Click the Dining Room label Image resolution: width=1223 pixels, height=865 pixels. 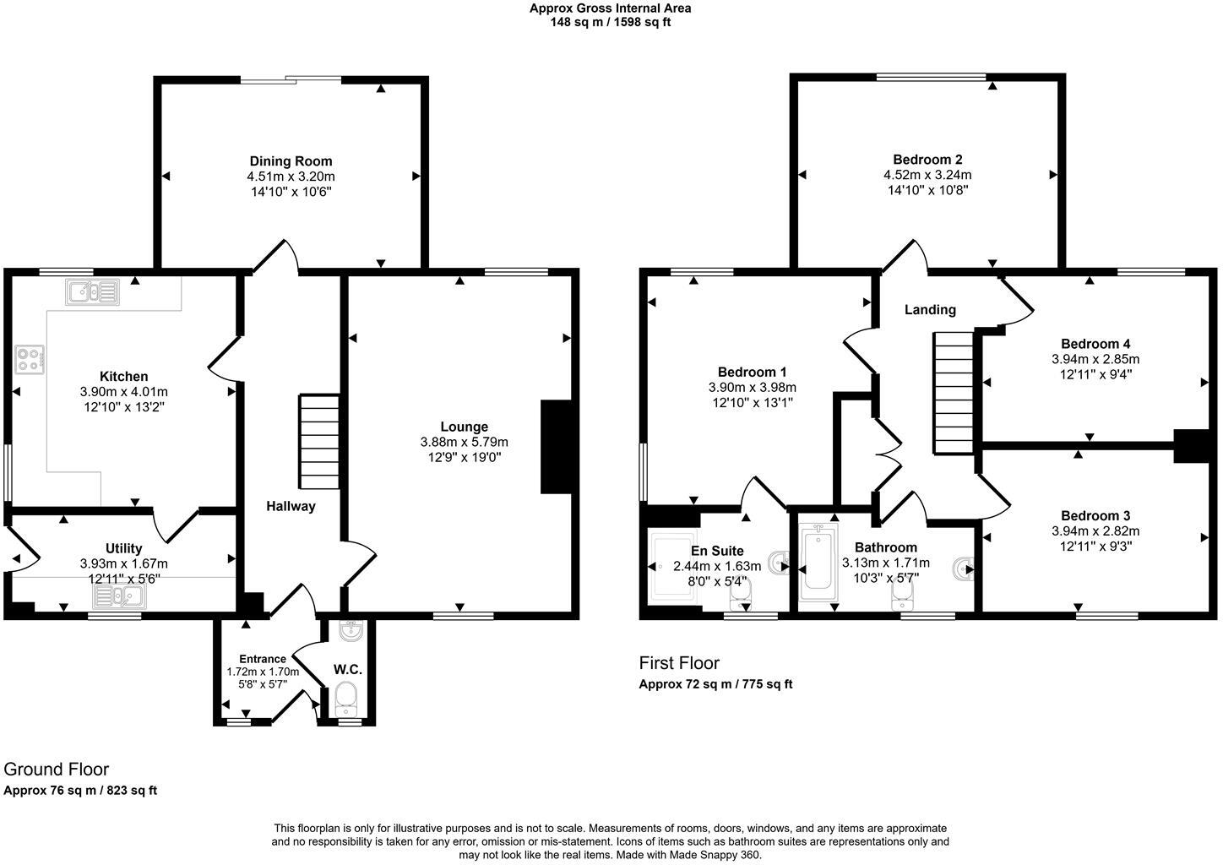[x=291, y=161]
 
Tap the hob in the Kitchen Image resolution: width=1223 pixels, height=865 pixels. [x=30, y=360]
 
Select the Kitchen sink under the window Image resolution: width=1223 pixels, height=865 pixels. [x=92, y=292]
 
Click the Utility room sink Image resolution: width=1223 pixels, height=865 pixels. [x=118, y=597]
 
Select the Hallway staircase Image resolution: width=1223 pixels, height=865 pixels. [x=318, y=438]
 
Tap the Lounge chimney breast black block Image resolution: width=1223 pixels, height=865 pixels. [x=556, y=446]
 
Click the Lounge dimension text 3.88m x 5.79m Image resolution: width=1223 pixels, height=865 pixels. [x=464, y=442]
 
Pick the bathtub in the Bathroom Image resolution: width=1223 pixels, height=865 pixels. [x=817, y=561]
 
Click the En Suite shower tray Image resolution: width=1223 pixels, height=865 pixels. [x=673, y=567]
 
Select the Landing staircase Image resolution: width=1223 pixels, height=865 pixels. [x=953, y=393]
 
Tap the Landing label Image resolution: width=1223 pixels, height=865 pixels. [x=930, y=310]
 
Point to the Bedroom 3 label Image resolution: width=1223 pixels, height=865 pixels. [x=1095, y=516]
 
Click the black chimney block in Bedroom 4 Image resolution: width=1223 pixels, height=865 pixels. [x=1192, y=446]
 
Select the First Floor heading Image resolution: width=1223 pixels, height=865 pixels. [x=679, y=663]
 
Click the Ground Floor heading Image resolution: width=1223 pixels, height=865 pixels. [x=57, y=770]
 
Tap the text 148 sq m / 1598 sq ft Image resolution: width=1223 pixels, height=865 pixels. [x=611, y=23]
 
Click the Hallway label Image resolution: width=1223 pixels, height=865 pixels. [x=291, y=507]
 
